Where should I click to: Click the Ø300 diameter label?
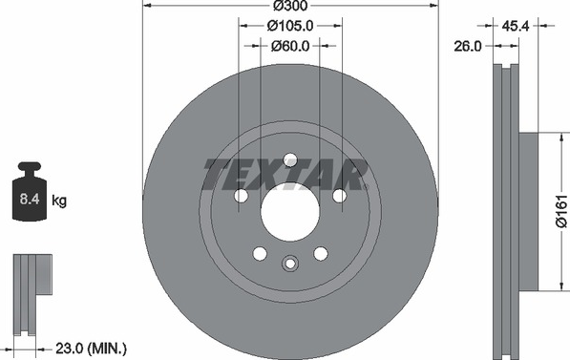pos(290,5)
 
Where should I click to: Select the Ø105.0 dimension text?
pos(290,26)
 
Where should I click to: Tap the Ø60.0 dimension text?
pos(290,46)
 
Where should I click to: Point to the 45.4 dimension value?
pos(516,26)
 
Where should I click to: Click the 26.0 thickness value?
pos(468,46)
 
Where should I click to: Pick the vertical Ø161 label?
pos(561,211)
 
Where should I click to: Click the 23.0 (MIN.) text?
pos(91,349)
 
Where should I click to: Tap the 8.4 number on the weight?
pos(30,200)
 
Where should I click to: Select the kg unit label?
pos(59,201)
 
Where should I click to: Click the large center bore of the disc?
pos(290,212)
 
